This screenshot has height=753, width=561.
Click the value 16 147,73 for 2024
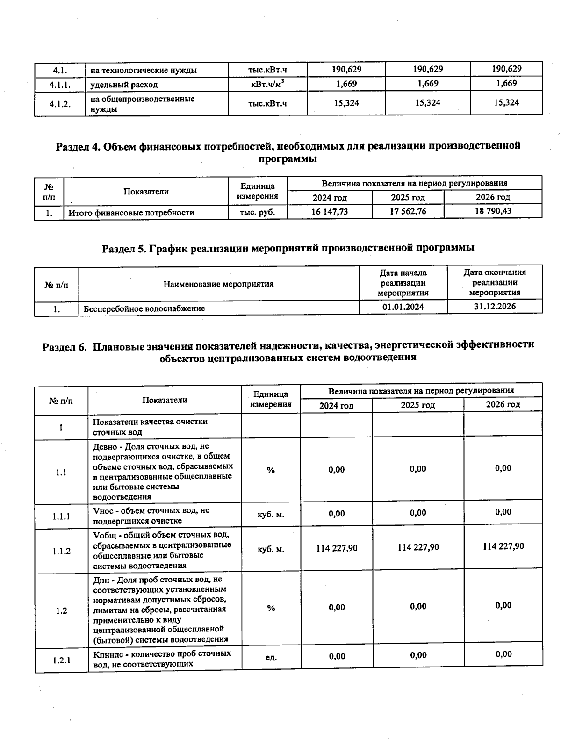coord(330,212)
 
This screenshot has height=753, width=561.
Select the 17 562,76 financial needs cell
coord(408,211)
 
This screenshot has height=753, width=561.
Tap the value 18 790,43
coord(493,211)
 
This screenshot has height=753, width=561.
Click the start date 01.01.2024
coord(403,307)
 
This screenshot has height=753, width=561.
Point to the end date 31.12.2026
coord(495,306)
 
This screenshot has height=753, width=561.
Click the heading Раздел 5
coord(288,248)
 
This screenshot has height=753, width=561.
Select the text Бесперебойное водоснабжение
coord(144,308)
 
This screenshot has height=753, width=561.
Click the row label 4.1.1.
coord(60,85)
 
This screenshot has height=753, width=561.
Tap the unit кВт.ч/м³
coord(268,84)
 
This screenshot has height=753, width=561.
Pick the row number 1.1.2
coord(61,551)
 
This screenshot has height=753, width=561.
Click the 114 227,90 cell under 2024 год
coord(337,548)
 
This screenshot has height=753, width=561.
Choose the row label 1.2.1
coord(61,660)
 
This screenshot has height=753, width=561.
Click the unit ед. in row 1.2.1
coord(271,657)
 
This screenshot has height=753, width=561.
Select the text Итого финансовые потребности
coord(131,213)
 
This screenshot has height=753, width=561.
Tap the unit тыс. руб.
coord(257,212)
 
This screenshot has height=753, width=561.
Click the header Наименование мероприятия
coord(218,284)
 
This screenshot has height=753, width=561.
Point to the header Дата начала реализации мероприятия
coord(403,283)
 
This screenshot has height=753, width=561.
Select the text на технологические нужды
coord(144,71)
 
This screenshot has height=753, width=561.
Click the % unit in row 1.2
coord(271,608)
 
